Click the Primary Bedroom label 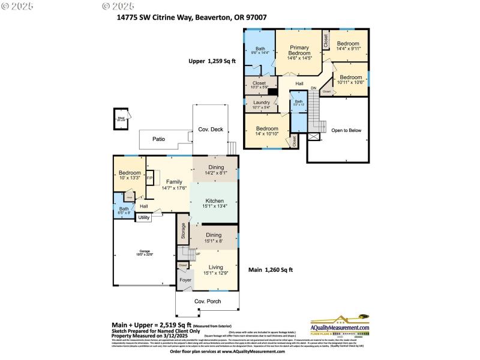click(x=299, y=50)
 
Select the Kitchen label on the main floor click(x=215, y=201)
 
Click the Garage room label click(x=145, y=252)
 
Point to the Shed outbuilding click(x=121, y=119)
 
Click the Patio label click(x=158, y=139)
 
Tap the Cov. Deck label click(x=211, y=129)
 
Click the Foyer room click(x=185, y=280)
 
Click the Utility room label click(x=143, y=218)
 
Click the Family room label click(x=174, y=182)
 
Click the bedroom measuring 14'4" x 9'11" click(x=347, y=46)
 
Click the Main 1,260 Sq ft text click(x=271, y=270)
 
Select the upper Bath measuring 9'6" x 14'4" click(x=260, y=51)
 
